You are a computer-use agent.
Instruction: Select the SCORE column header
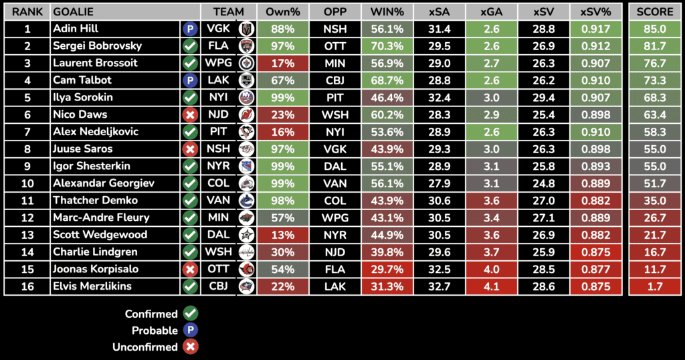655,12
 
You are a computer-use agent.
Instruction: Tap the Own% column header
282,12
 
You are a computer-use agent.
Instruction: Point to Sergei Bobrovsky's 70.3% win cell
387,46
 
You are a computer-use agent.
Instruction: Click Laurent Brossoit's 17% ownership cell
282,63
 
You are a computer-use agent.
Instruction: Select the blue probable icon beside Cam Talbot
190,80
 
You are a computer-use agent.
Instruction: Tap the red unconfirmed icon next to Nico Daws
190,114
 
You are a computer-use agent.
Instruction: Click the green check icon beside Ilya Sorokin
190,98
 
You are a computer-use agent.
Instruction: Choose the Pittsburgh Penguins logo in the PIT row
247,132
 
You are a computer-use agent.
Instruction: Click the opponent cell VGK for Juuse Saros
334,149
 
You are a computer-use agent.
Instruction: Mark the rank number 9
27,166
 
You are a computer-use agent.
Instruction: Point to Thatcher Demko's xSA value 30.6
439,200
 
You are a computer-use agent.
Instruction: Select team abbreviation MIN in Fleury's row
217,217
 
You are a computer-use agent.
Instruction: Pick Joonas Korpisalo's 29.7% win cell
387,269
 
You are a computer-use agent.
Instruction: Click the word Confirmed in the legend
151,314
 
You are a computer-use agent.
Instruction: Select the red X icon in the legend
191,347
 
